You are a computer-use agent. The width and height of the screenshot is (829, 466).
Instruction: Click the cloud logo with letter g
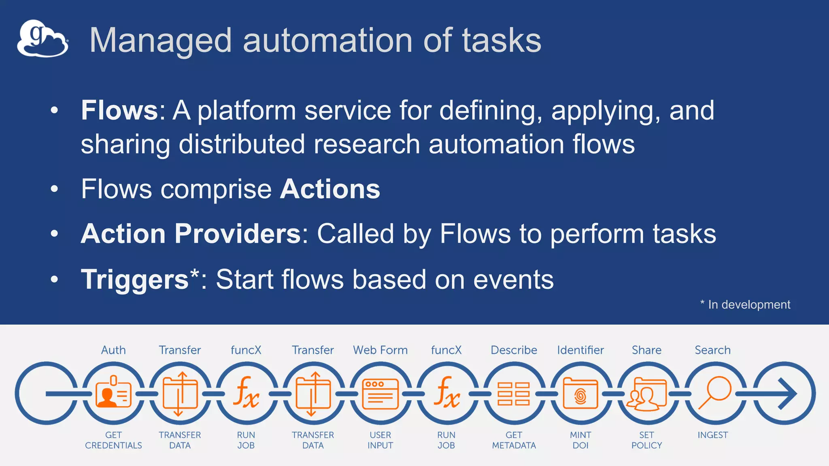[43, 39]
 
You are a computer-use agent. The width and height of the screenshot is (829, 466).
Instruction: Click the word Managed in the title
[160, 40]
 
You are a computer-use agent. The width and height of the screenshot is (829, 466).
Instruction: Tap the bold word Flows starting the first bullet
[119, 110]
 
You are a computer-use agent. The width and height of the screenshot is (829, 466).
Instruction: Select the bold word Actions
[330, 189]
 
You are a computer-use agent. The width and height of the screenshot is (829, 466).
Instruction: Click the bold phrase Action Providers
[191, 234]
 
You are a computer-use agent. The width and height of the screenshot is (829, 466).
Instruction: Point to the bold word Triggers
[135, 280]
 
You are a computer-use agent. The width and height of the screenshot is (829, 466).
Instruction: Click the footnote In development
[748, 305]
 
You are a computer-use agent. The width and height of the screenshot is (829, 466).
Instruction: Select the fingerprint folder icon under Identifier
[580, 394]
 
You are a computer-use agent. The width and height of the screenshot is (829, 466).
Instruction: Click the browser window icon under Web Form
[380, 394]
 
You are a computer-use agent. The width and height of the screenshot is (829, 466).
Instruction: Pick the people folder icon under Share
[646, 394]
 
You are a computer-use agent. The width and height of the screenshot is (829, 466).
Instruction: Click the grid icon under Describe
[514, 394]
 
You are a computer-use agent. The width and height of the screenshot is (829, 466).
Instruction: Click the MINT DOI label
[580, 440]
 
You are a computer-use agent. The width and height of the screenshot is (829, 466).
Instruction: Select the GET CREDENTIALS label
[113, 440]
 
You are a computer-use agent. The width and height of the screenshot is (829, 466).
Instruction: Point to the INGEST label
[712, 435]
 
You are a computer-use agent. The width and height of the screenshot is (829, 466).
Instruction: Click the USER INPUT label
[380, 440]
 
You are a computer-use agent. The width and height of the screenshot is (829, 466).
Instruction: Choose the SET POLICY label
[646, 440]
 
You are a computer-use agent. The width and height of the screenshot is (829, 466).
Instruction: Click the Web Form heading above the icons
[380, 350]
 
